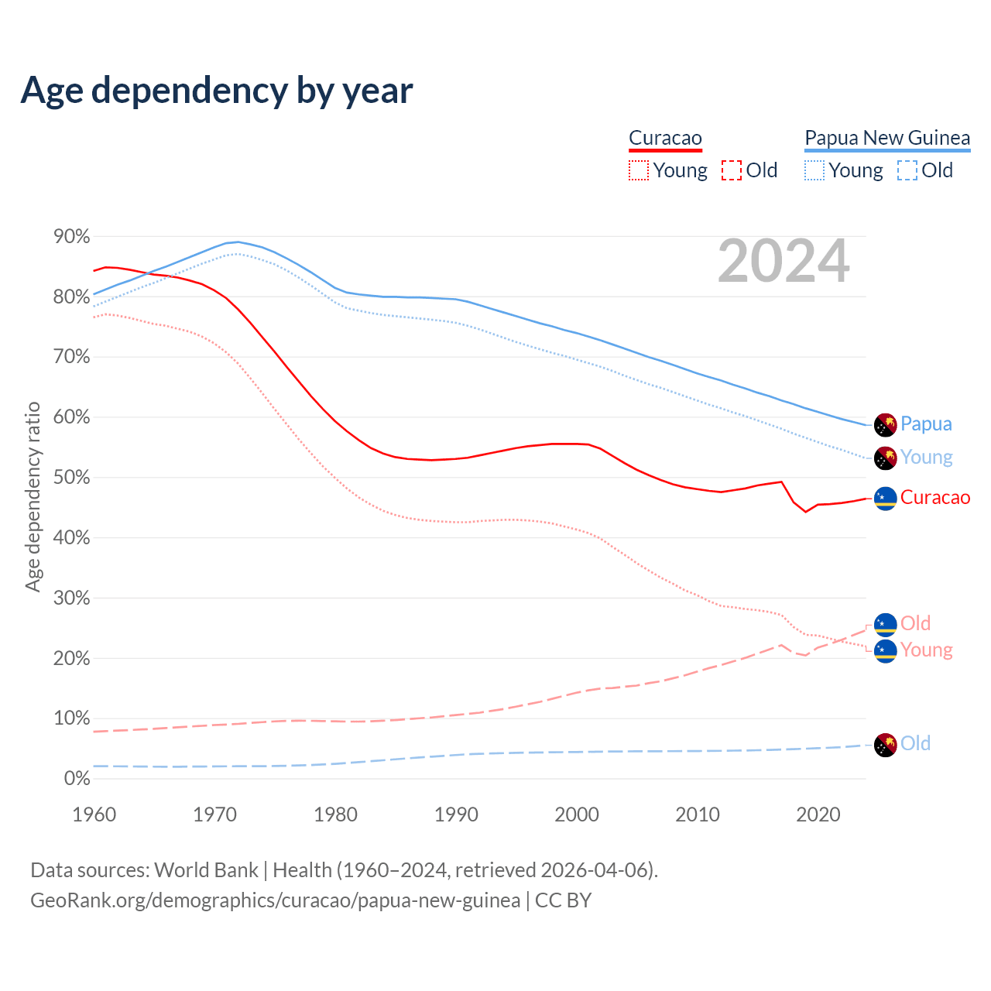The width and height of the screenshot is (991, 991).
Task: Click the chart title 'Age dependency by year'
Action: (217, 90)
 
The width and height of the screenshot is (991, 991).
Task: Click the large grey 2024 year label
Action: (784, 262)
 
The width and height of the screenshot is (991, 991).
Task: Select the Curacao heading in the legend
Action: (665, 138)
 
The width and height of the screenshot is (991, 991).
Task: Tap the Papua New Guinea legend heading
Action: (887, 138)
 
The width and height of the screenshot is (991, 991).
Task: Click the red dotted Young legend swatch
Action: (638, 170)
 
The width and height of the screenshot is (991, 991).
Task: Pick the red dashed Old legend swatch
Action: (731, 170)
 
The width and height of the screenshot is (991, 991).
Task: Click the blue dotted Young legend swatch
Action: (814, 170)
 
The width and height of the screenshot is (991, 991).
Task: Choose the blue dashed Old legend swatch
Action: (907, 170)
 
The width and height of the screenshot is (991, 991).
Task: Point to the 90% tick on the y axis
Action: (72, 236)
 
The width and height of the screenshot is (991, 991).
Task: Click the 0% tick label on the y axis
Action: (77, 778)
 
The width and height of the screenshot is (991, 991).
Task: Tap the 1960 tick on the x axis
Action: (94, 814)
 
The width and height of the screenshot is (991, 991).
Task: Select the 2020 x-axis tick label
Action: (818, 814)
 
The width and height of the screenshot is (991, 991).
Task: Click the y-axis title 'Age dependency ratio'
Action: (33, 496)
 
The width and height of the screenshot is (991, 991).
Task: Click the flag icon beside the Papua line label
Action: (885, 424)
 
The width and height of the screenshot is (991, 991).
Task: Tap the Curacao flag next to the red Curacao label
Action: (885, 498)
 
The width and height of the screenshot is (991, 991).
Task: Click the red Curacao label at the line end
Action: (935, 498)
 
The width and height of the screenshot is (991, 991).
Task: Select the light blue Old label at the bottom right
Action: (915, 744)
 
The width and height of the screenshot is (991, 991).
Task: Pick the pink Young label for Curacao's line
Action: (926, 650)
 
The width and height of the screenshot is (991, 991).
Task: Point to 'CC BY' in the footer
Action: (563, 900)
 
